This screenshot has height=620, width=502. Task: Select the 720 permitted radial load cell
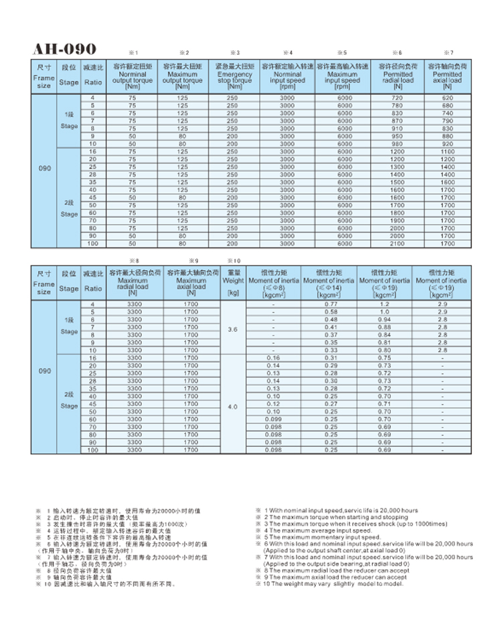pyautogui.click(x=398, y=98)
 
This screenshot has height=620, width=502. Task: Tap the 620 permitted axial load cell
pyautogui.click(x=447, y=98)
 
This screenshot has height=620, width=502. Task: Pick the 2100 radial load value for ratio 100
pyautogui.click(x=398, y=243)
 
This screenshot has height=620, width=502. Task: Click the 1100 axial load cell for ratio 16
pyautogui.click(x=447, y=152)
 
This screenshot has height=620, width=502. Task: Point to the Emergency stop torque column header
pyautogui.click(x=234, y=76)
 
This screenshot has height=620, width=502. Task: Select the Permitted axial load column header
pyautogui.click(x=447, y=76)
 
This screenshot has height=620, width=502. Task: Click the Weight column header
pyautogui.click(x=233, y=283)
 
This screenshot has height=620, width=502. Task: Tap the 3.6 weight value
pyautogui.click(x=233, y=330)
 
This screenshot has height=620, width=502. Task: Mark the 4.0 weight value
pyautogui.click(x=233, y=406)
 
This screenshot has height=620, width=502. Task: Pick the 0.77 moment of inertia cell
pyautogui.click(x=330, y=304)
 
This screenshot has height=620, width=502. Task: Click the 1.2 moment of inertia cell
pyautogui.click(x=384, y=304)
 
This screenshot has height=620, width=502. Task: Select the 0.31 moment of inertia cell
pyautogui.click(x=330, y=358)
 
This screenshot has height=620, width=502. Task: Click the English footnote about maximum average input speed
pyautogui.click(x=315, y=530)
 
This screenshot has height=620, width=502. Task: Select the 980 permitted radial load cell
pyautogui.click(x=398, y=144)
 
